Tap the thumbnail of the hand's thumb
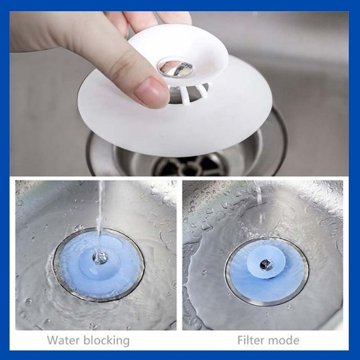pos(147,88)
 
